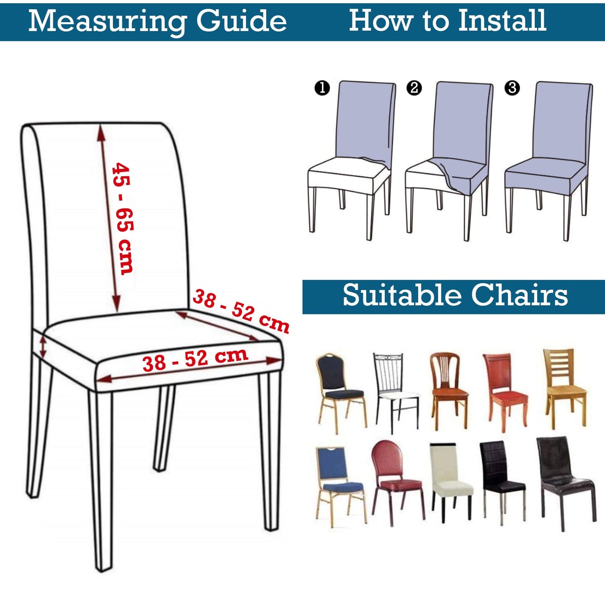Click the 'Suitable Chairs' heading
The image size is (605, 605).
[455, 295]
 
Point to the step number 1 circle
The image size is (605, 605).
[322, 88]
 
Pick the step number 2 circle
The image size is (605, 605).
[414, 88]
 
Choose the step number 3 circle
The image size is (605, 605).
[512, 88]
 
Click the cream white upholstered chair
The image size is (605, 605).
[450, 481]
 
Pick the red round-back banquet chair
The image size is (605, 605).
[396, 481]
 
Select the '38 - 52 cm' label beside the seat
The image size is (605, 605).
[241, 310]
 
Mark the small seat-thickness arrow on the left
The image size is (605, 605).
[43, 347]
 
